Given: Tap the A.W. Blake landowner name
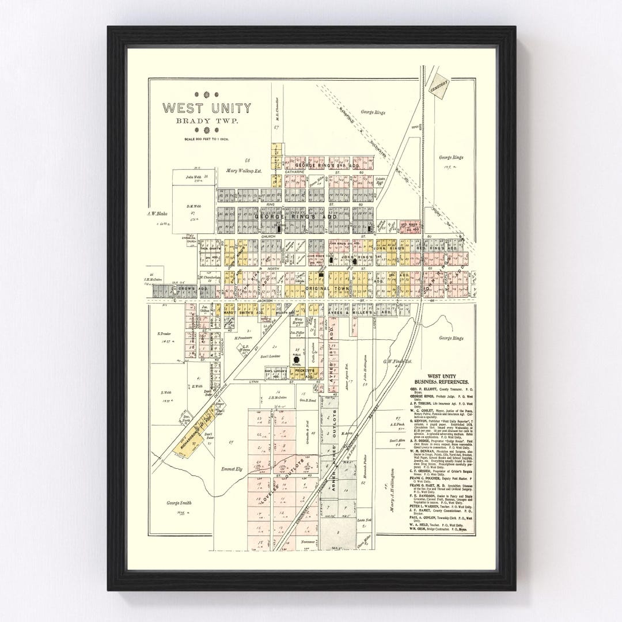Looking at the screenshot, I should [x=156, y=213].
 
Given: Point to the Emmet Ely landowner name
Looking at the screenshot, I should [x=233, y=469].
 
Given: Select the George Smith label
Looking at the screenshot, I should [x=178, y=502].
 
